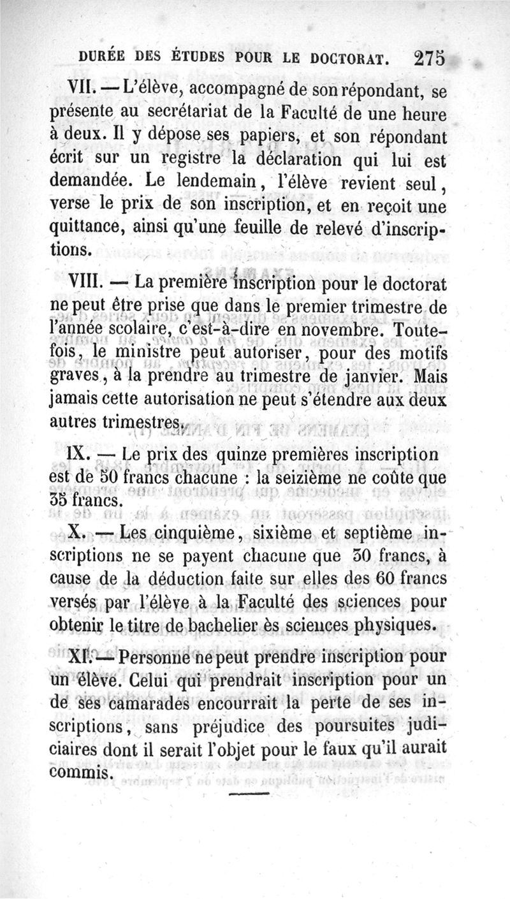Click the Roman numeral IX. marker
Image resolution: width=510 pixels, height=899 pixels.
[80, 455]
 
